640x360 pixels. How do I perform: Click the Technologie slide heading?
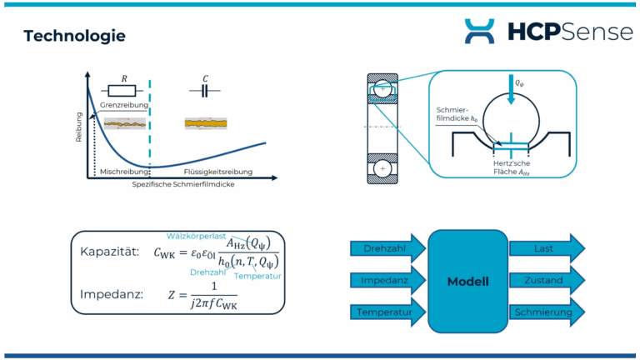click(x=74, y=36)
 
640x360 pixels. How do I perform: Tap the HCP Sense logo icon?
click(x=479, y=31)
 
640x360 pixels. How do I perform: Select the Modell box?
click(x=467, y=281)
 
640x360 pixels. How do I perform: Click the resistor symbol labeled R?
click(x=124, y=91)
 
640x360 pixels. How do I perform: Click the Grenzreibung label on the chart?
click(x=122, y=107)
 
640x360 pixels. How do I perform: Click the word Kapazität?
click(x=109, y=252)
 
